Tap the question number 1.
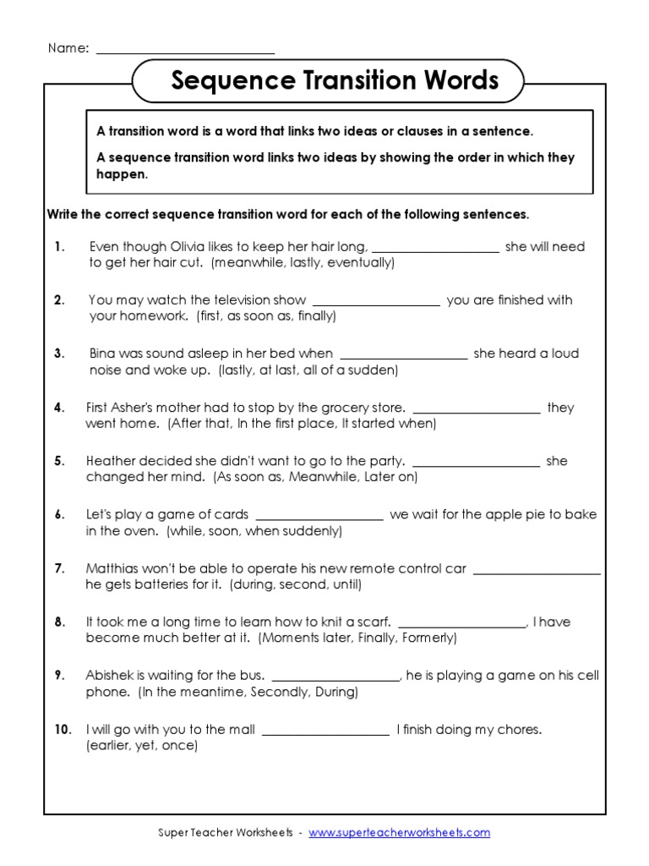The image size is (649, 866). click(59, 247)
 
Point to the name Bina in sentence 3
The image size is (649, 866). click(104, 354)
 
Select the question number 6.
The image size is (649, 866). click(59, 515)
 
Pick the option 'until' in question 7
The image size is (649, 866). click(343, 584)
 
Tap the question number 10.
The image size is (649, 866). click(63, 729)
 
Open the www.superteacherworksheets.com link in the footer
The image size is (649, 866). click(399, 833)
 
